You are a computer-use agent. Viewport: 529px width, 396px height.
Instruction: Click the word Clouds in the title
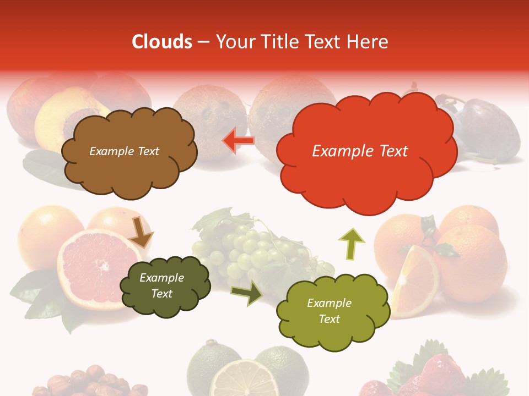(x=162, y=42)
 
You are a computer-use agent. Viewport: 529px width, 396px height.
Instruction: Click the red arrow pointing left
(x=239, y=141)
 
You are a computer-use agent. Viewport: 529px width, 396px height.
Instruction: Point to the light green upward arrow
(x=352, y=243)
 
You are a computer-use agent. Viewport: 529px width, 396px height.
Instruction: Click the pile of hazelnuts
(x=88, y=382)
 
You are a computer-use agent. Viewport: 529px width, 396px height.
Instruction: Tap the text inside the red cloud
(x=360, y=151)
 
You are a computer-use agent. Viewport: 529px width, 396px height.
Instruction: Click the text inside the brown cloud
(x=124, y=151)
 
